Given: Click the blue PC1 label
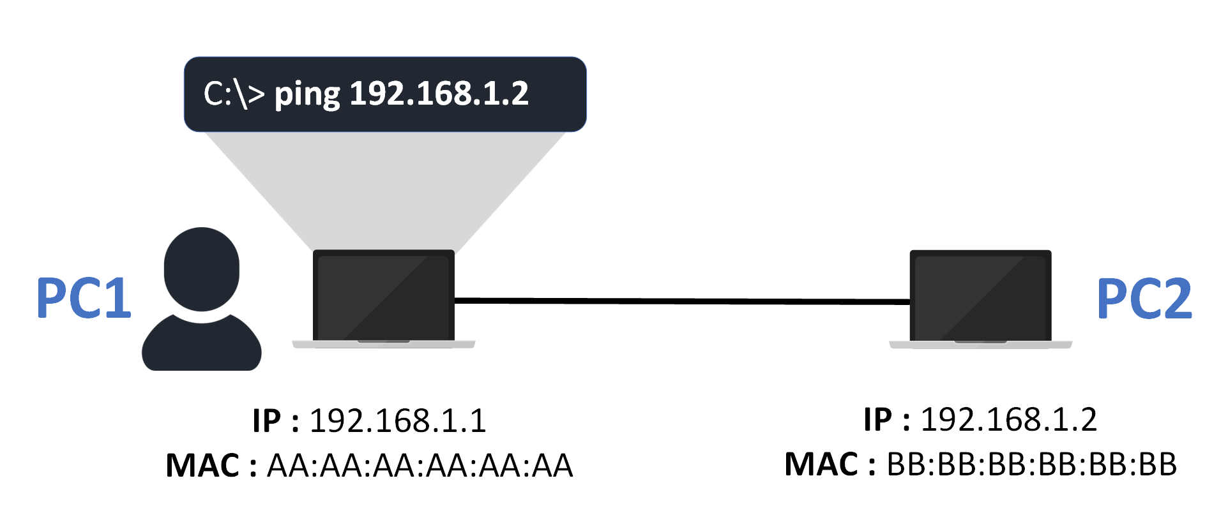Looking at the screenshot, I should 84,297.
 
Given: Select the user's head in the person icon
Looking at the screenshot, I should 201,269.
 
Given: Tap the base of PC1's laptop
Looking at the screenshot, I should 383,345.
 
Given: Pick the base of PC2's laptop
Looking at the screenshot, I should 980,345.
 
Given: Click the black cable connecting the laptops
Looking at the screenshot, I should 681,301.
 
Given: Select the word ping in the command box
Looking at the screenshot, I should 307,94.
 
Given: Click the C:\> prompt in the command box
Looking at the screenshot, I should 233,94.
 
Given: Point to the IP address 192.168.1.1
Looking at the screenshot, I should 398,421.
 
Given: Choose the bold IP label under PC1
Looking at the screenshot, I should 266,421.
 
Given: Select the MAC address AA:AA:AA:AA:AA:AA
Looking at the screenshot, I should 420,466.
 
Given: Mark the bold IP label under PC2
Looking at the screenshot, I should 877,420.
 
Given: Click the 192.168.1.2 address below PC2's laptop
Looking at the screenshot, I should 1008,420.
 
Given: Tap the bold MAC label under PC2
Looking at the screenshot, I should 822,465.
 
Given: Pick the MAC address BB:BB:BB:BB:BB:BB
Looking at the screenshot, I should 1031,465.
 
